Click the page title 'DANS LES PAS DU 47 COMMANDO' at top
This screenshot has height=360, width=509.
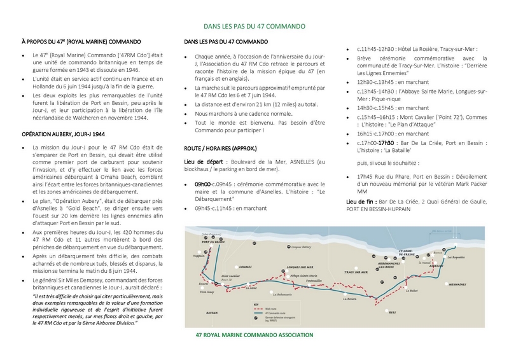click(x=254, y=27)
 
